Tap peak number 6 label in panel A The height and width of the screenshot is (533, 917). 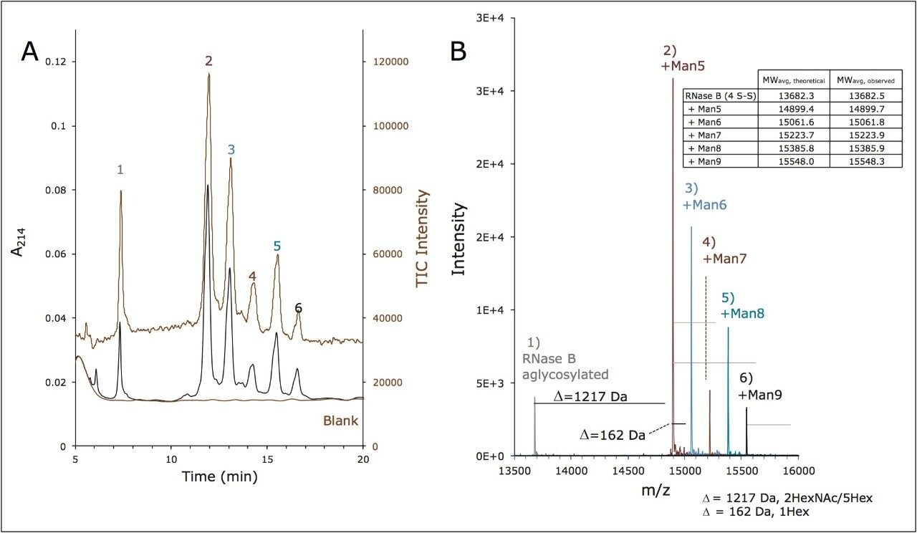click(x=298, y=308)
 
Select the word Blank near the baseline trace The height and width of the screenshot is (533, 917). click(x=341, y=421)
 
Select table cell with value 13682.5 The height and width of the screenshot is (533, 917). click(x=865, y=95)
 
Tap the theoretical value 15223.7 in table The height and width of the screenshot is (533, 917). click(x=792, y=135)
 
